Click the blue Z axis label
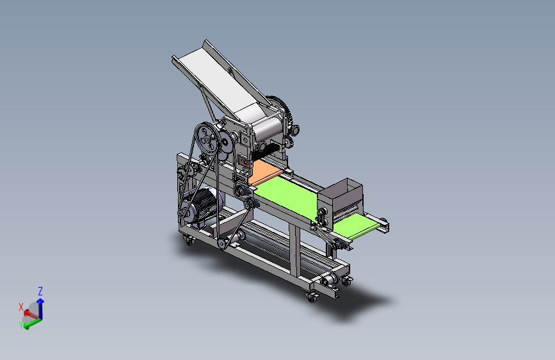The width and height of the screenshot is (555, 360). coord(40,291)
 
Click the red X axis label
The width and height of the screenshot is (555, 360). coord(21,307)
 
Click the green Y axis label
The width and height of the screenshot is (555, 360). coord(21,325)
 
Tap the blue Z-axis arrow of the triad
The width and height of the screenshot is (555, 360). coord(41,308)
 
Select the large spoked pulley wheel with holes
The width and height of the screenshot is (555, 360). coord(206,138)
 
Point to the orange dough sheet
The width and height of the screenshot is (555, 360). coord(265,171)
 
